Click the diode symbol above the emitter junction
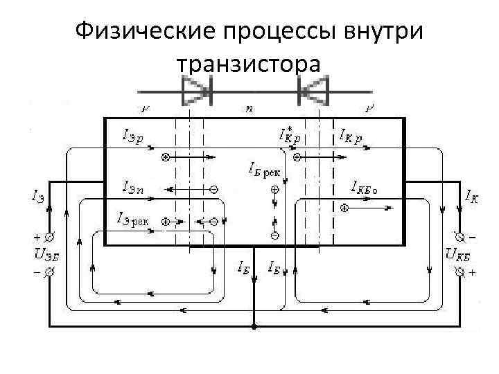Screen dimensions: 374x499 coord(196,90)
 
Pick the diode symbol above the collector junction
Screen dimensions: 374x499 coord(310,90)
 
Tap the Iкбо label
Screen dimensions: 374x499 coord(368,186)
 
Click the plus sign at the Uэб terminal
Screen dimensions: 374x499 coord(36,236)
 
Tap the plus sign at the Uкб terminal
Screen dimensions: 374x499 coord(473,273)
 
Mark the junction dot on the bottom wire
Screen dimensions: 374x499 coord(254,326)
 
